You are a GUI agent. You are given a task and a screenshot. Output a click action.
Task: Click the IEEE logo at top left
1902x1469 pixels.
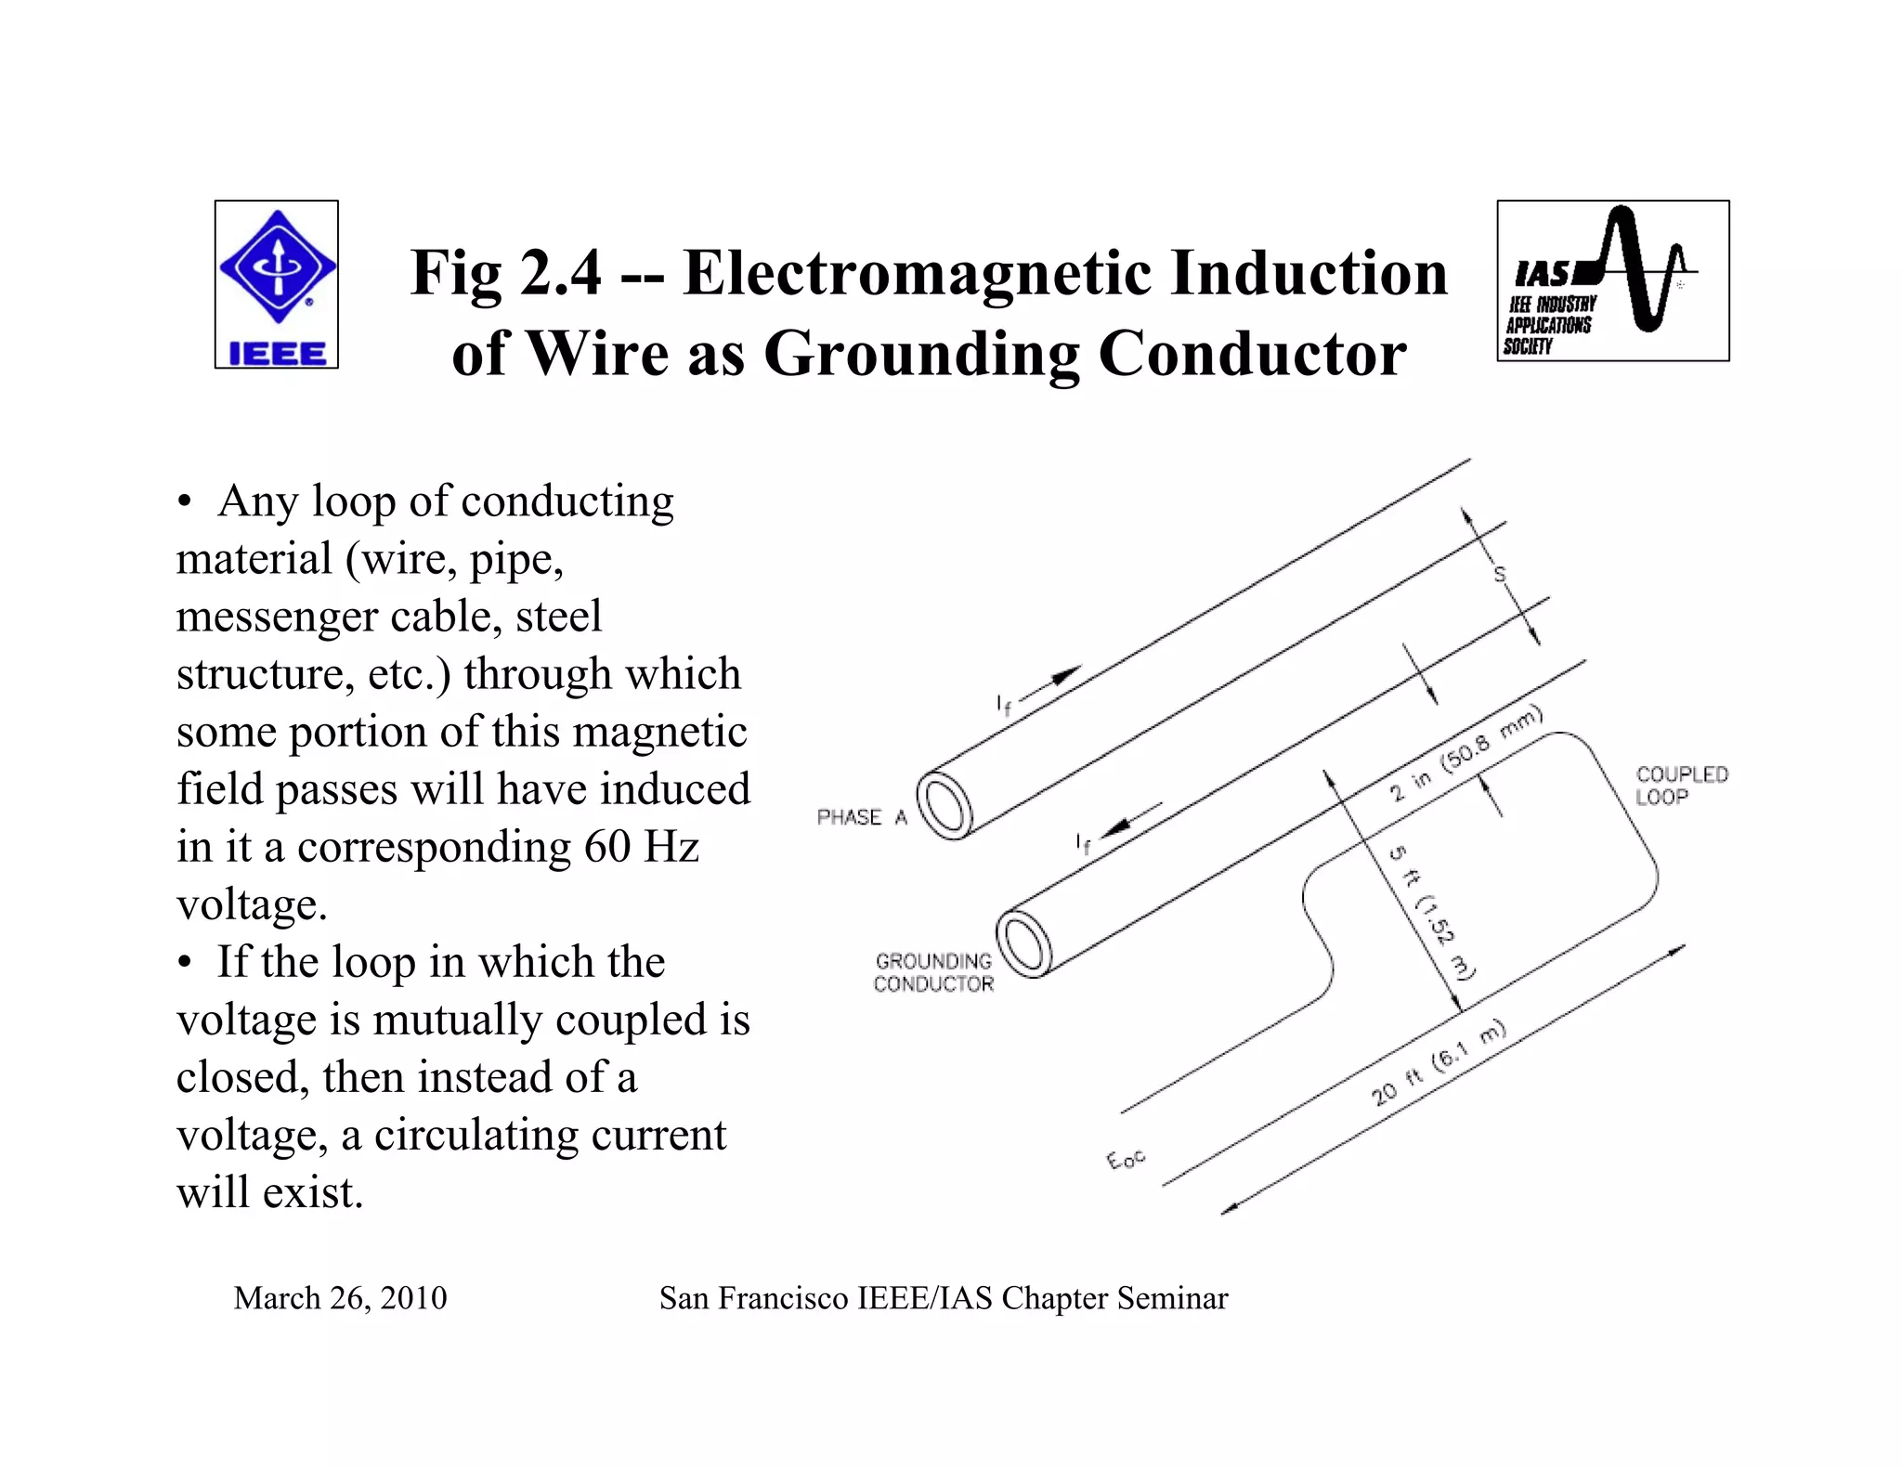tap(277, 284)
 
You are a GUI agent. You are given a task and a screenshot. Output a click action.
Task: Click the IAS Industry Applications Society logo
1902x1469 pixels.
tap(1612, 280)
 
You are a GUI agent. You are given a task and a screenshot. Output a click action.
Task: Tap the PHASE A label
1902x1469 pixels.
tap(861, 817)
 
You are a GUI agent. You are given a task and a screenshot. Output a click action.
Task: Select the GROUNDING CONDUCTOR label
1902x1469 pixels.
tap(933, 972)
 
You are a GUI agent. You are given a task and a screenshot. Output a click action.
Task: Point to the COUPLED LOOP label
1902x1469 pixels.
tap(1681, 786)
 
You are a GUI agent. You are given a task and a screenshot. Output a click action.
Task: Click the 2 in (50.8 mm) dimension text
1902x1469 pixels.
tap(1465, 753)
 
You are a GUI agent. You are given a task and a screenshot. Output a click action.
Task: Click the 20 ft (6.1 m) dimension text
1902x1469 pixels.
tap(1438, 1062)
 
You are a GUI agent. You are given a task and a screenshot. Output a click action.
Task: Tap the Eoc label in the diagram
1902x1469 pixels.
tap(1126, 1159)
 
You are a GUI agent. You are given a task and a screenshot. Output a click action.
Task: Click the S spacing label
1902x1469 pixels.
tap(1498, 575)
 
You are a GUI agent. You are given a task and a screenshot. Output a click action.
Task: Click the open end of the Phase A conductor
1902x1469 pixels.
tap(944, 806)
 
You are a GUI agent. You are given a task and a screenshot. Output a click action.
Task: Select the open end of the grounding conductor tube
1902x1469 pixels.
tap(1024, 943)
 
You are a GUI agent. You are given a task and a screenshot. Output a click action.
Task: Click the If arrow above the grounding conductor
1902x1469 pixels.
tap(1129, 819)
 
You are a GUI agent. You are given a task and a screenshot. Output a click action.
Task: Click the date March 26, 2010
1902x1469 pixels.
tap(340, 1297)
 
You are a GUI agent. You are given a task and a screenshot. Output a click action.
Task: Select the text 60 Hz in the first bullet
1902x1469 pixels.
tap(641, 846)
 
